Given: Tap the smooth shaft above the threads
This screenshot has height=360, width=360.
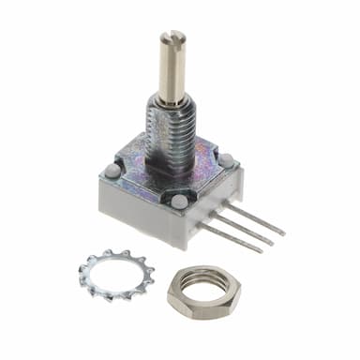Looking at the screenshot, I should (172, 70).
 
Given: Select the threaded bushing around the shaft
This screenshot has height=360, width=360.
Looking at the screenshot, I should (170, 127).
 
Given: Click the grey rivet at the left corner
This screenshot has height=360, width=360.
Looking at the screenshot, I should (112, 171).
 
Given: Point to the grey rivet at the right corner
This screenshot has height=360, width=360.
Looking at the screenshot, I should (227, 160).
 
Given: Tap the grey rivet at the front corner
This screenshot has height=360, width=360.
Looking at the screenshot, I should (179, 201).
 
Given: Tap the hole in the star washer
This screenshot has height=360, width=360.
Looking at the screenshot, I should (117, 275).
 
